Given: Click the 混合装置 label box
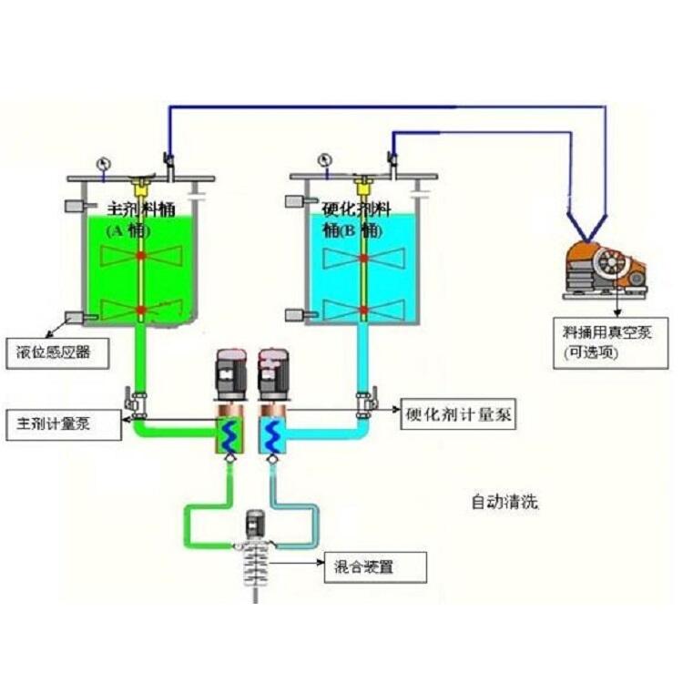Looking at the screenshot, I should [374, 569].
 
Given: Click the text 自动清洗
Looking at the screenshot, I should [504, 501].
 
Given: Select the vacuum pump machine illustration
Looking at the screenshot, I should [606, 270].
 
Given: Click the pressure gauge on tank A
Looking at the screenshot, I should [101, 163].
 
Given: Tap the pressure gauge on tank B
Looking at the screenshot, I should [324, 162].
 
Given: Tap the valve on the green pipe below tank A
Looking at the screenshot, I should [136, 402].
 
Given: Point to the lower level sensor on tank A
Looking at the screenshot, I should [74, 318].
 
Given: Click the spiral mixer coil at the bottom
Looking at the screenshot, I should [255, 569].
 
